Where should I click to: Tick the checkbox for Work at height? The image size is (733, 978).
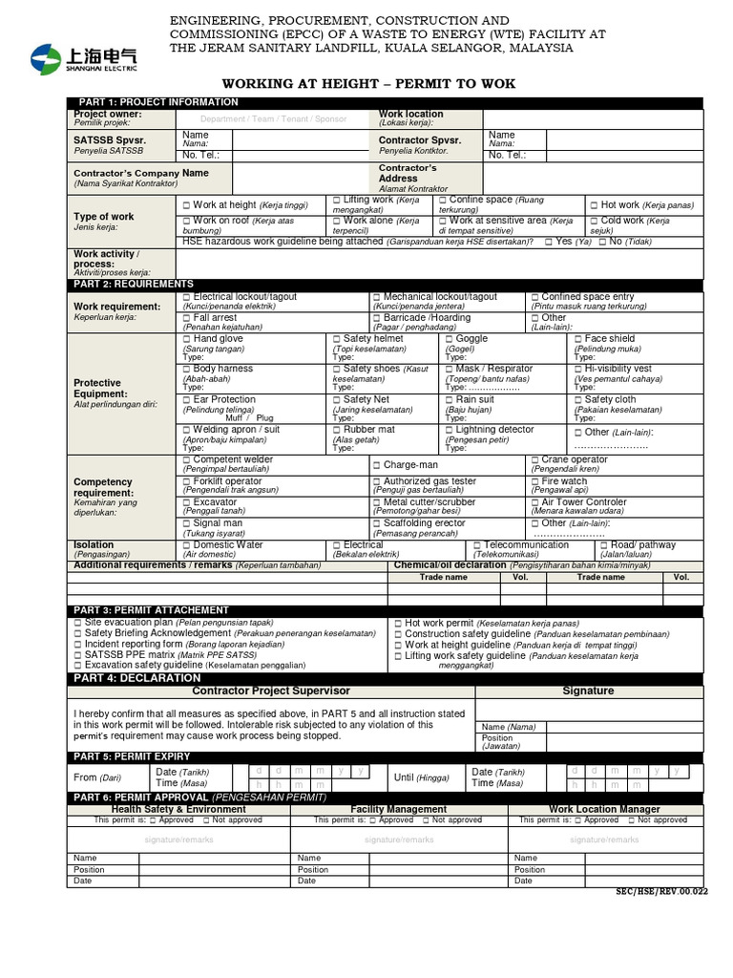click(186, 205)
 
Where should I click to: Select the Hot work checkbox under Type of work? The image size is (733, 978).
click(594, 205)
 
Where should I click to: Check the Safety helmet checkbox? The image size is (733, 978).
click(337, 339)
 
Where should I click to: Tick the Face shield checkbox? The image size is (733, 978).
click(578, 339)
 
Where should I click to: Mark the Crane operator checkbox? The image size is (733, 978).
click(535, 460)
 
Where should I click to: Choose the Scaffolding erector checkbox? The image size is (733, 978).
click(377, 523)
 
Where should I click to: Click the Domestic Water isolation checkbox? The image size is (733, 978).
click(186, 545)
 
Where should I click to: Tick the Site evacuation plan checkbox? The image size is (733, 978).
click(77, 622)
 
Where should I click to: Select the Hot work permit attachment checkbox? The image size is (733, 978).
click(398, 623)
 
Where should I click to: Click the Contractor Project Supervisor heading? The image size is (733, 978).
click(271, 691)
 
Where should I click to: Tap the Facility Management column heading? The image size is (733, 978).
click(398, 809)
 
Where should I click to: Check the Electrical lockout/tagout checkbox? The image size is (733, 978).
click(186, 298)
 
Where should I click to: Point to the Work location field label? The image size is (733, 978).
click(410, 114)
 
